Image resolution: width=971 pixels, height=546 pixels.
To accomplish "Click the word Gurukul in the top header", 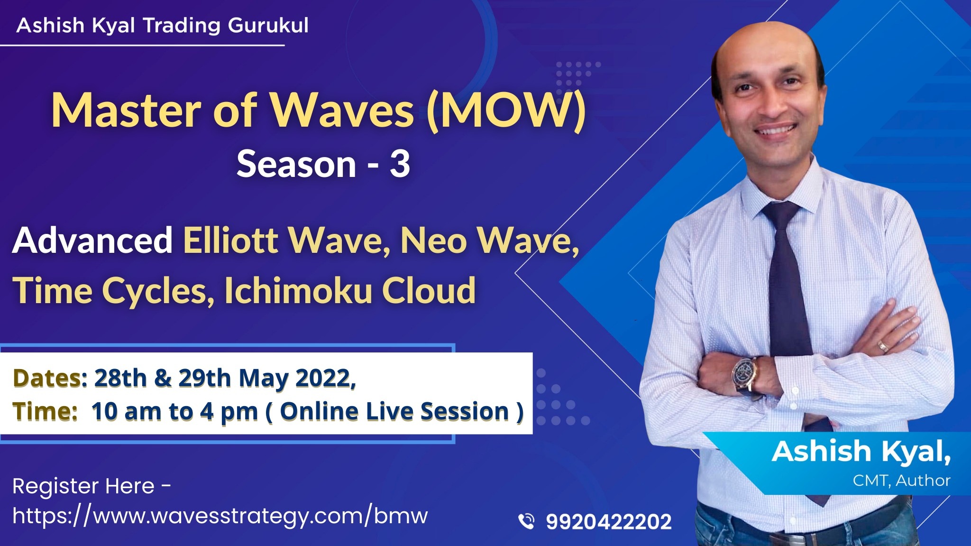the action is [x=268, y=25].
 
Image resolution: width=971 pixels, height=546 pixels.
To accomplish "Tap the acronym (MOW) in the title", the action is [x=506, y=111].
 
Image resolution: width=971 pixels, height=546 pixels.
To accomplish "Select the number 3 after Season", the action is [x=400, y=164].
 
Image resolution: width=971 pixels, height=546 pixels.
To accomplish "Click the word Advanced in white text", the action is [x=92, y=241].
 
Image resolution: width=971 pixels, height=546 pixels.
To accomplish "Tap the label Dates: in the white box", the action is [x=50, y=379].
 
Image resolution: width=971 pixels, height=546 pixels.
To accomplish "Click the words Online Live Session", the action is [x=394, y=411].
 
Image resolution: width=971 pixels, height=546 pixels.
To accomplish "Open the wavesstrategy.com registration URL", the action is [x=220, y=516].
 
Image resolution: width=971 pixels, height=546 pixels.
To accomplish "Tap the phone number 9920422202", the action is [x=609, y=522].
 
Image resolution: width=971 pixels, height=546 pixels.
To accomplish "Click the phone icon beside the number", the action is [x=526, y=521].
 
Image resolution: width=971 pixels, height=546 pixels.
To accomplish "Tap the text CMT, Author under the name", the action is [x=901, y=481].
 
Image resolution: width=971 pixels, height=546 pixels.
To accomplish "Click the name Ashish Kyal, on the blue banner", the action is [x=861, y=452].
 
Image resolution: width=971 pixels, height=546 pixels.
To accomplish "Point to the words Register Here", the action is [x=83, y=486].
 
